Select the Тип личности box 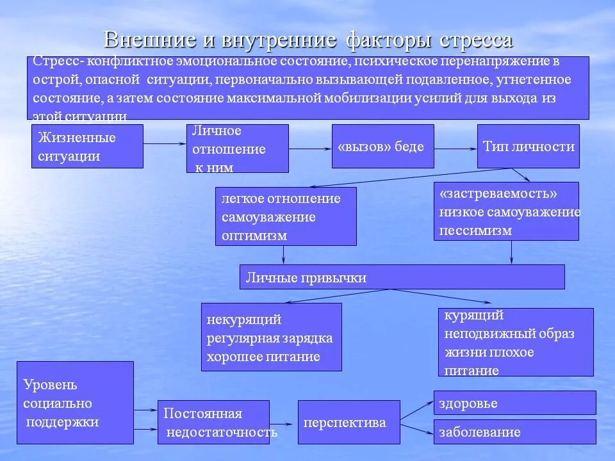coord(528,147)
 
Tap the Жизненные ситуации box coord(87,147)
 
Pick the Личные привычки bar coord(402,277)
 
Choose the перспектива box coord(348,423)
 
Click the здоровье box coord(514,403)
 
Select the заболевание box coord(514,432)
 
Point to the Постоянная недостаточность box coord(213,423)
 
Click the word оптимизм coord(254,235)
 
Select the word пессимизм coord(475,230)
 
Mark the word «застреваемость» coord(498,193)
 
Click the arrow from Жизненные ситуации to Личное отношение coord(165,145)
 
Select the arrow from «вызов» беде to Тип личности coord(455,147)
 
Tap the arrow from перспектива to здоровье coord(417,411)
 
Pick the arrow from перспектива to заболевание coord(417,428)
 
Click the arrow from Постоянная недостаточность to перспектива coord(284,423)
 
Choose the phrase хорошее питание coord(263,357)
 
